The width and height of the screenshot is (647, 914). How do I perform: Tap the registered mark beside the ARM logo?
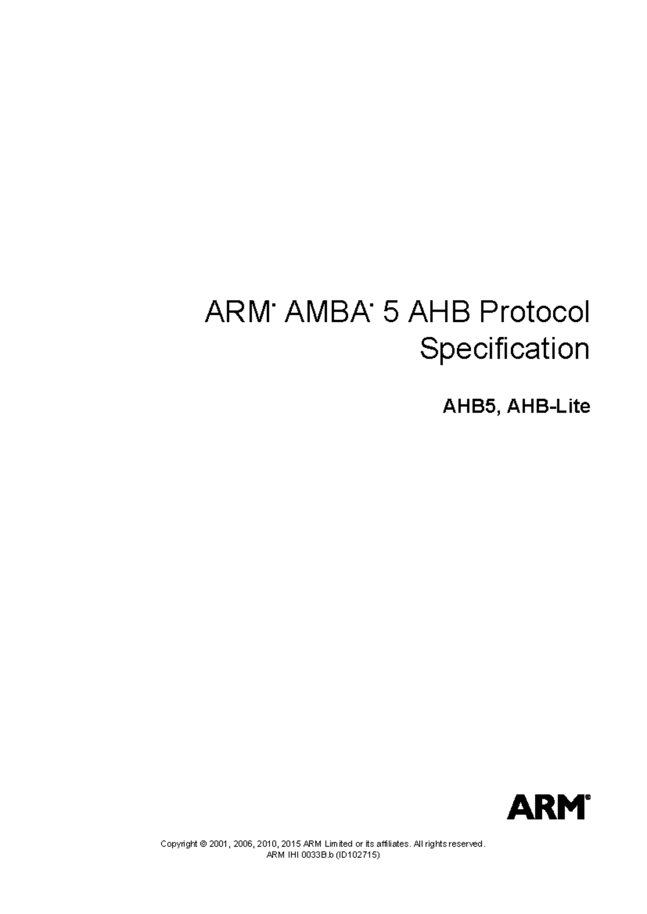coord(588,797)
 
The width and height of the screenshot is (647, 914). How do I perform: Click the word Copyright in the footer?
coord(179,844)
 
